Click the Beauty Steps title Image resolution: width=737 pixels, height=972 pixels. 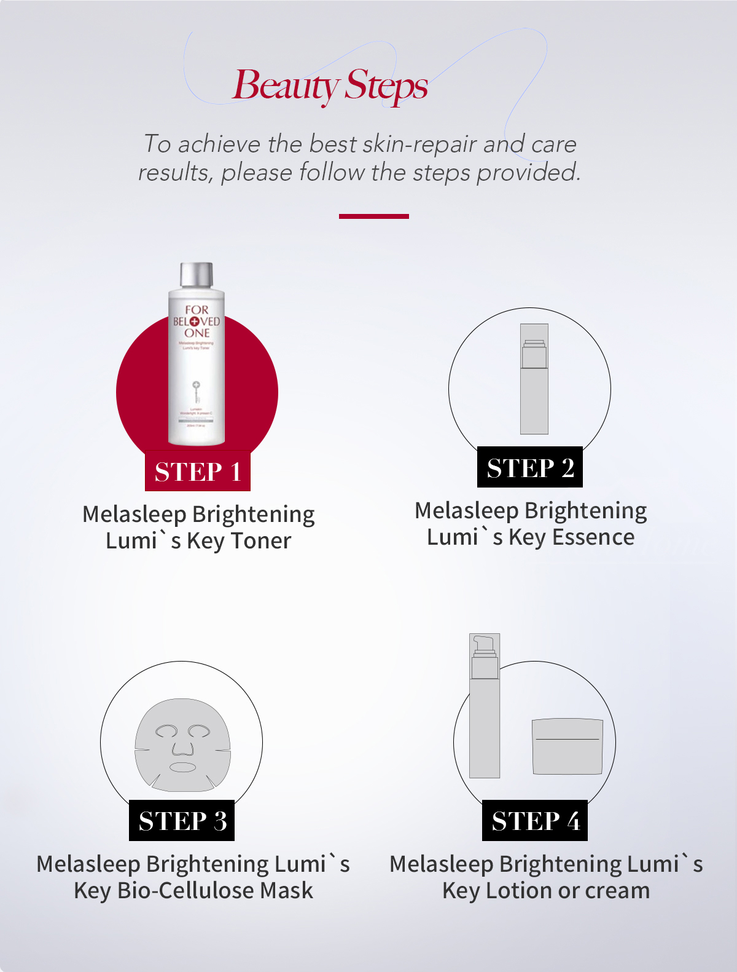(330, 86)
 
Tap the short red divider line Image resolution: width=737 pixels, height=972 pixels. (373, 216)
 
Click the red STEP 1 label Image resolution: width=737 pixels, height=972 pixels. (197, 472)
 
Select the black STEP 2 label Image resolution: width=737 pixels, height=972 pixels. (530, 468)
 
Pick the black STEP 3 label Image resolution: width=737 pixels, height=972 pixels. (182, 821)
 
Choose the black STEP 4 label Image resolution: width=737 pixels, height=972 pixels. (535, 821)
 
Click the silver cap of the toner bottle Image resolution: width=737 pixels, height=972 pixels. (197, 275)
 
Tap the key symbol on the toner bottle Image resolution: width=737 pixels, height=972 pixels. (196, 391)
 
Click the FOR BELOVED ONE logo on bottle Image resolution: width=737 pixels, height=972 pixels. (197, 321)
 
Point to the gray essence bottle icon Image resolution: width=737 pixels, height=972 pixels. (534, 379)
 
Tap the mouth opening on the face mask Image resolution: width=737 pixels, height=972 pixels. (182, 767)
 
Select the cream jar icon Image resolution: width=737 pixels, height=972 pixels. (567, 746)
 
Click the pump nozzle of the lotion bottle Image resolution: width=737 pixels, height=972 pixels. (483, 644)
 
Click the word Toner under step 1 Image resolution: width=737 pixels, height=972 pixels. (261, 541)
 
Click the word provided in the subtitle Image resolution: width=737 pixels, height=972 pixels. (528, 173)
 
